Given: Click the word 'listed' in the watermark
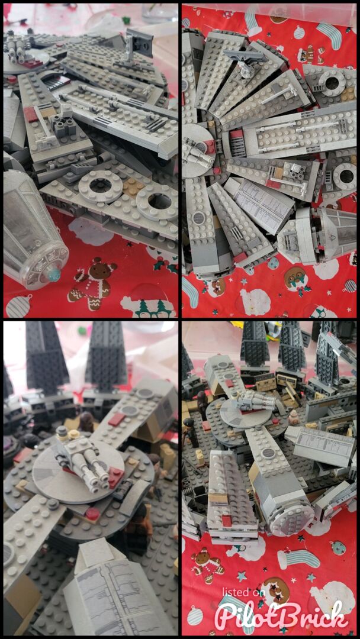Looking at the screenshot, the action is click(239, 591).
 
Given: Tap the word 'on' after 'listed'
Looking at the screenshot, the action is click(261, 592).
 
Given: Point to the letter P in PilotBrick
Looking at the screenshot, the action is click(227, 614).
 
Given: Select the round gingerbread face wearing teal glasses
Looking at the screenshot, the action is click(296, 278).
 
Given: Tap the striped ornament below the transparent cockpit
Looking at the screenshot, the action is click(18, 306).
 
